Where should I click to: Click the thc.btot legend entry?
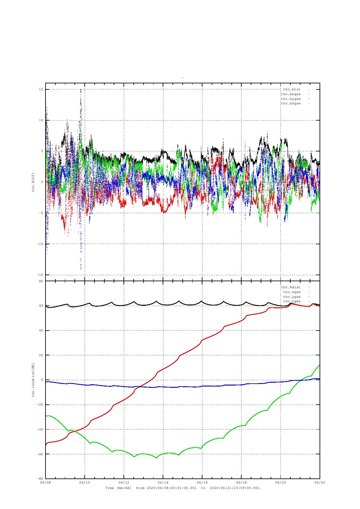292,89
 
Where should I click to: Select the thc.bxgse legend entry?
291,94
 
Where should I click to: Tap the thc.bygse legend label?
291,99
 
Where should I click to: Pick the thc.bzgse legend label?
291,104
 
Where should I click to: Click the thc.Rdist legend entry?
291,287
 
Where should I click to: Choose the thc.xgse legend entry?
292,292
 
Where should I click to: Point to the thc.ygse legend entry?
292,297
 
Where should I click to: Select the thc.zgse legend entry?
292,301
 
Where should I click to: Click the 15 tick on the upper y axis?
41,89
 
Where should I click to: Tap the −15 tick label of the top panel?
40,275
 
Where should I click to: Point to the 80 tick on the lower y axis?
41,281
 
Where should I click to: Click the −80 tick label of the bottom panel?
40,478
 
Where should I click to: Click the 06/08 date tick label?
46,482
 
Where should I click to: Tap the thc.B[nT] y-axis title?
33,182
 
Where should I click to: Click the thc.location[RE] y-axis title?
33,380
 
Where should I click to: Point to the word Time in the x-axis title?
110,488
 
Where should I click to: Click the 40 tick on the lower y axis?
41,331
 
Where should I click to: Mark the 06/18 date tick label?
241,482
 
